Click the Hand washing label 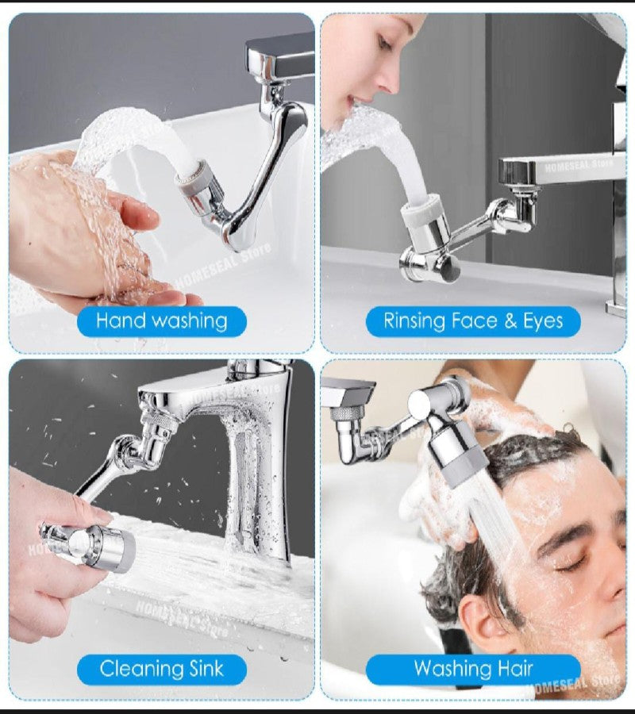point(161,321)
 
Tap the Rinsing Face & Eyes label point(473,321)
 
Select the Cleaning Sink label point(161,669)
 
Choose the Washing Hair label point(473,669)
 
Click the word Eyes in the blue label point(543,321)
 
